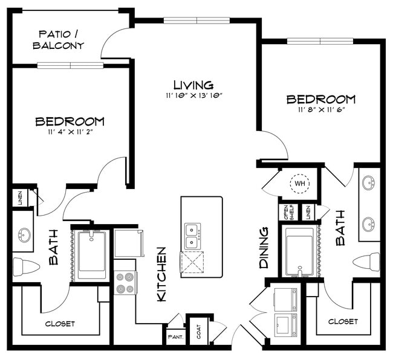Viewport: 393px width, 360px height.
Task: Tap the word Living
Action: point(193,85)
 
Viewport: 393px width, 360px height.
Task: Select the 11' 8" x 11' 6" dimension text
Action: point(321,110)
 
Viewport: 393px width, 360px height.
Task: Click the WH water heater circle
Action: point(299,182)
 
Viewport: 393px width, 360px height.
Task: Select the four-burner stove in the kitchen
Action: point(126,282)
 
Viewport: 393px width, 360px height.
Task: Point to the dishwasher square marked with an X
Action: point(192,263)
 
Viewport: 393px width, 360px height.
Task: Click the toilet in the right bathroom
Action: point(367,262)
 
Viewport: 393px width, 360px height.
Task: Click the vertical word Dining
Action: point(264,248)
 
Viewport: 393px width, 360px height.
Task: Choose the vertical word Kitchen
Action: point(161,274)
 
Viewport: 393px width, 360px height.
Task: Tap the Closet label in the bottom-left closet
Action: point(60,324)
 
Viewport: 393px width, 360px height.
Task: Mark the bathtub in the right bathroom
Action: point(299,251)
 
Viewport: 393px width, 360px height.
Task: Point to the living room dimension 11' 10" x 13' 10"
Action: point(193,96)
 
